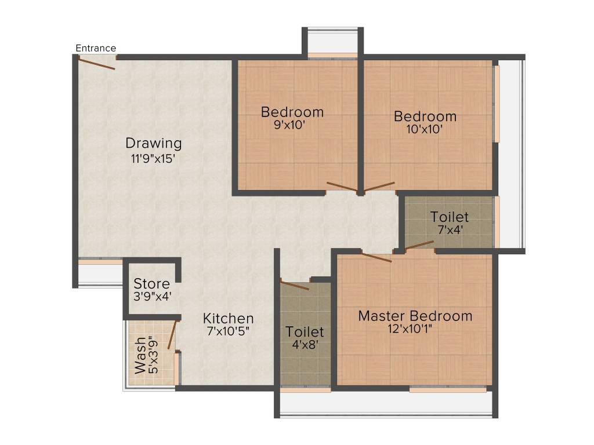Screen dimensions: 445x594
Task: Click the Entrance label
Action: pos(96,48)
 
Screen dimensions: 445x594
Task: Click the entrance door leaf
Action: pos(96,64)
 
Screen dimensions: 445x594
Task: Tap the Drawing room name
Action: pos(154,143)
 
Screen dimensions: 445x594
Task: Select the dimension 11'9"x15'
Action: pos(153,158)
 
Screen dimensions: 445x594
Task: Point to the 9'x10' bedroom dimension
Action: pos(292,125)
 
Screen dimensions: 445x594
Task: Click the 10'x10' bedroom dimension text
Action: pos(425,130)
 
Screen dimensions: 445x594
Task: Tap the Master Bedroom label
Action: pos(415,316)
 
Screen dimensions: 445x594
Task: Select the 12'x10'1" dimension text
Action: pos(415,329)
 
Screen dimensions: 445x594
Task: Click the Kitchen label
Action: pos(228,318)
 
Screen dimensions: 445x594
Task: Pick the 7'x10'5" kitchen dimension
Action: pos(228,331)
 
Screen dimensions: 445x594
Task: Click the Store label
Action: pos(151,284)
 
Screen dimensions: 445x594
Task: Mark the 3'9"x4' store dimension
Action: pos(151,296)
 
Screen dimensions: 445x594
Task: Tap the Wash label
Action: pos(140,360)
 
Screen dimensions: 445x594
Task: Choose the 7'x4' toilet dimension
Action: pos(450,229)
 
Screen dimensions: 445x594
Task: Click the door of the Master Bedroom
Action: pos(376,257)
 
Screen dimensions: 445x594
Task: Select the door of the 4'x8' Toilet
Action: pos(295,284)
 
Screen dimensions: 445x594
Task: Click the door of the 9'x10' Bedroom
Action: pos(342,187)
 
